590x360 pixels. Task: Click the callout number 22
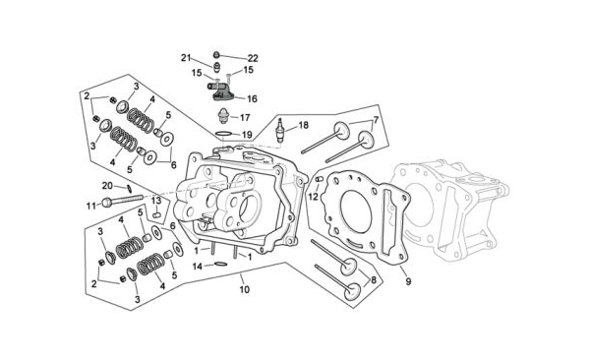pyautogui.click(x=253, y=58)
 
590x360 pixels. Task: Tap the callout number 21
pyautogui.click(x=186, y=58)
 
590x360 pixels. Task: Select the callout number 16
pyautogui.click(x=252, y=98)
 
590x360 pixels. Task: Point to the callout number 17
pyautogui.click(x=245, y=117)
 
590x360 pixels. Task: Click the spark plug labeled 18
pyautogui.click(x=280, y=130)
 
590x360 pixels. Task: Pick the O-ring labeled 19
pyautogui.click(x=223, y=134)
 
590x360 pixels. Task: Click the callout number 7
pyautogui.click(x=376, y=120)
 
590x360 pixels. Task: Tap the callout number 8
pyautogui.click(x=374, y=279)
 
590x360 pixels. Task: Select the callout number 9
pyautogui.click(x=408, y=281)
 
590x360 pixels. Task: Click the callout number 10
pyautogui.click(x=245, y=289)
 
